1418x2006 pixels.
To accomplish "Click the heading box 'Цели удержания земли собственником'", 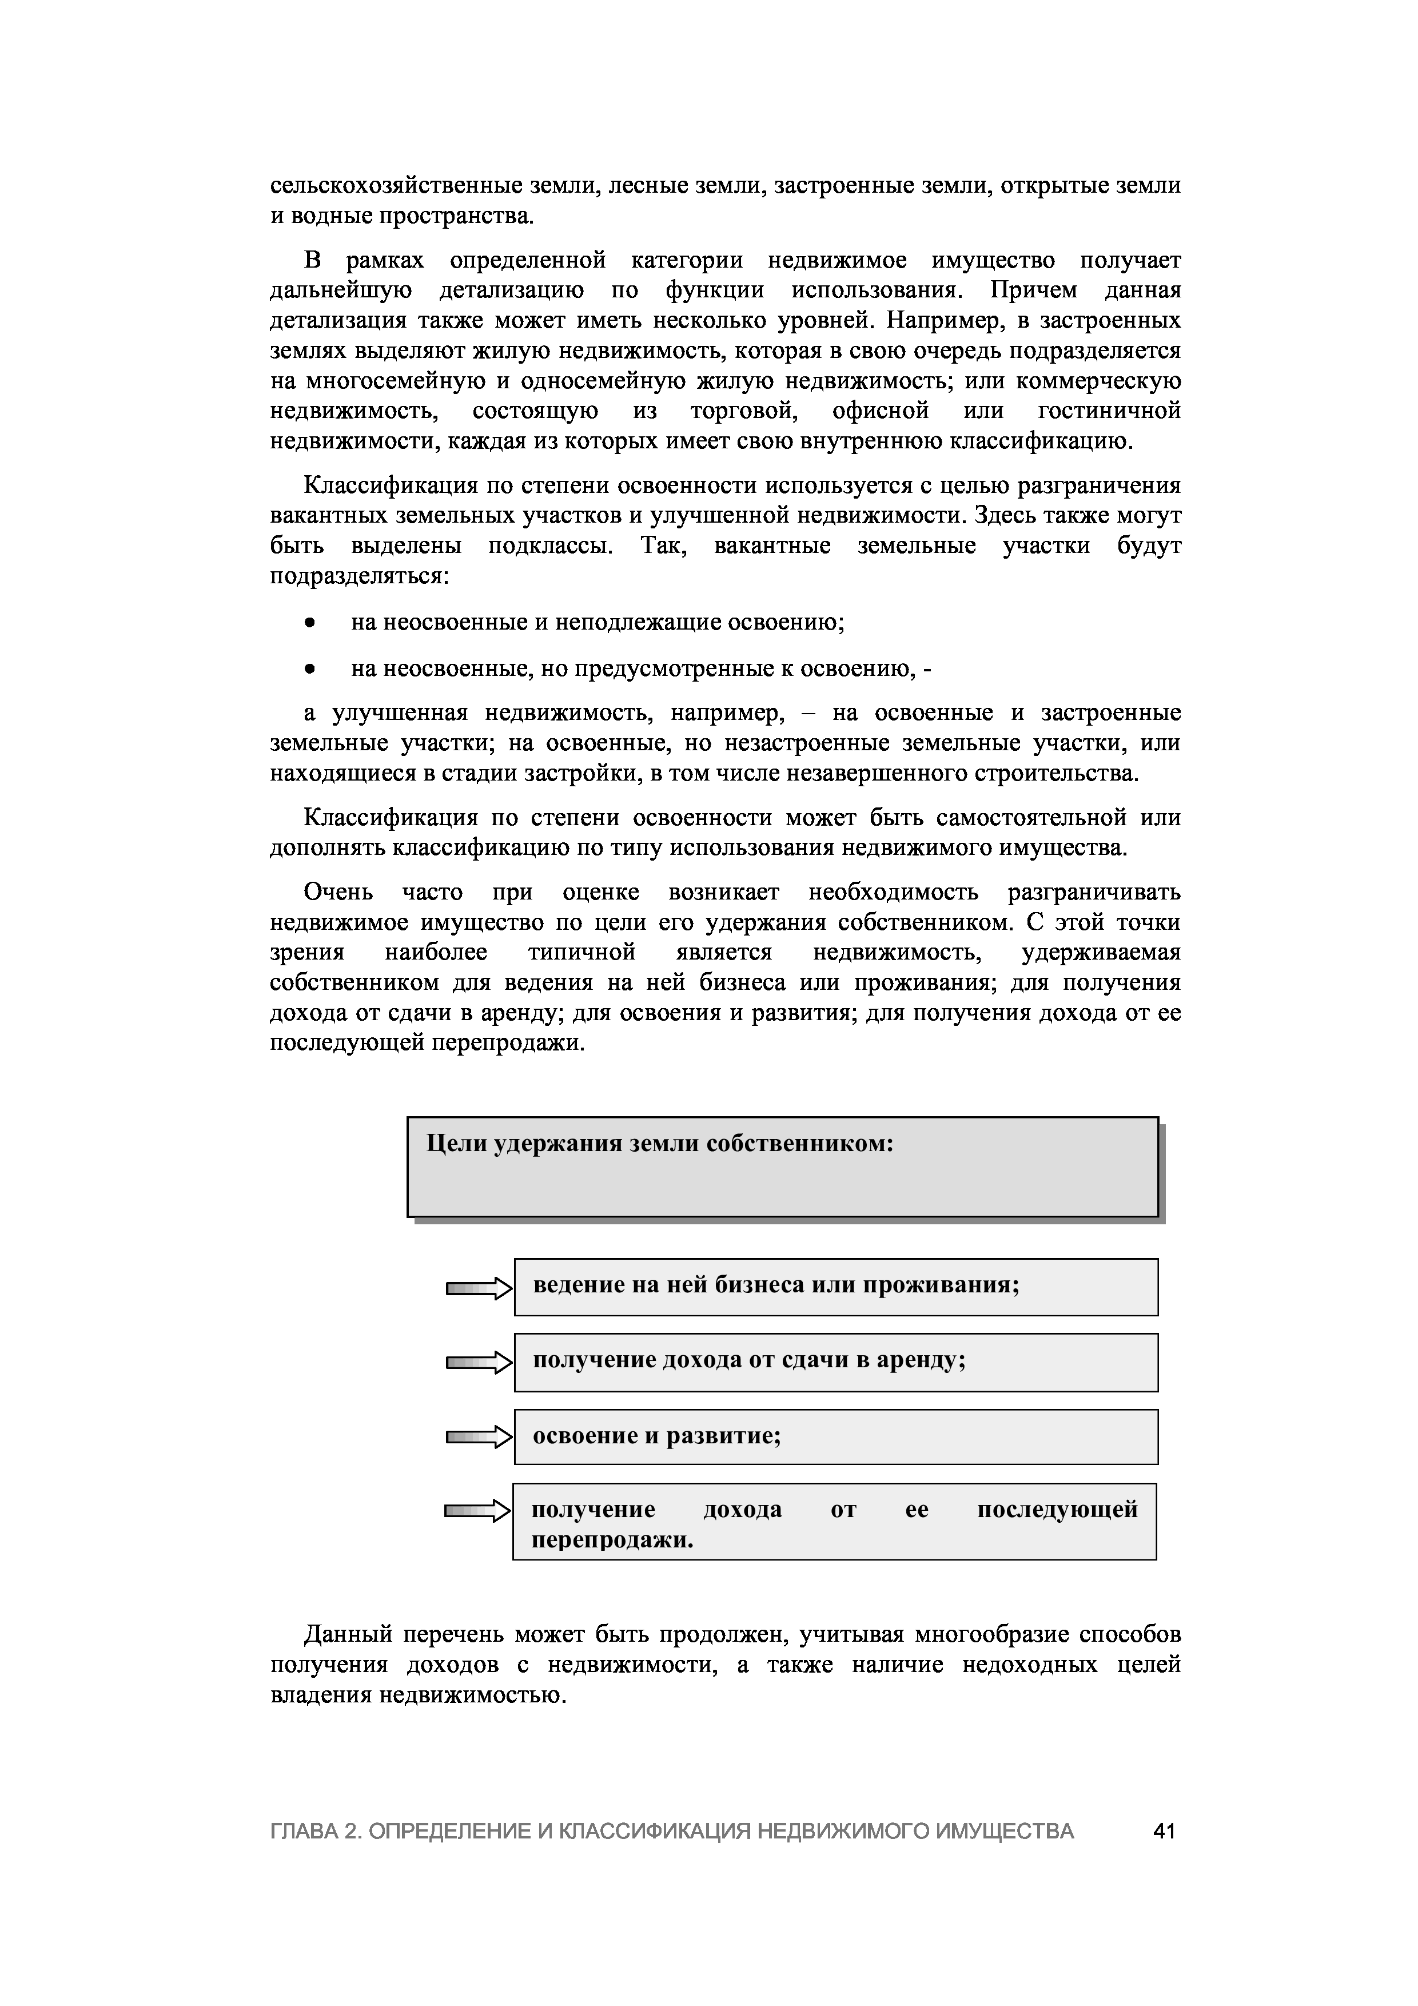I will pos(782,1167).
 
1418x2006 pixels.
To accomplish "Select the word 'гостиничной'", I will pos(1110,411).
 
